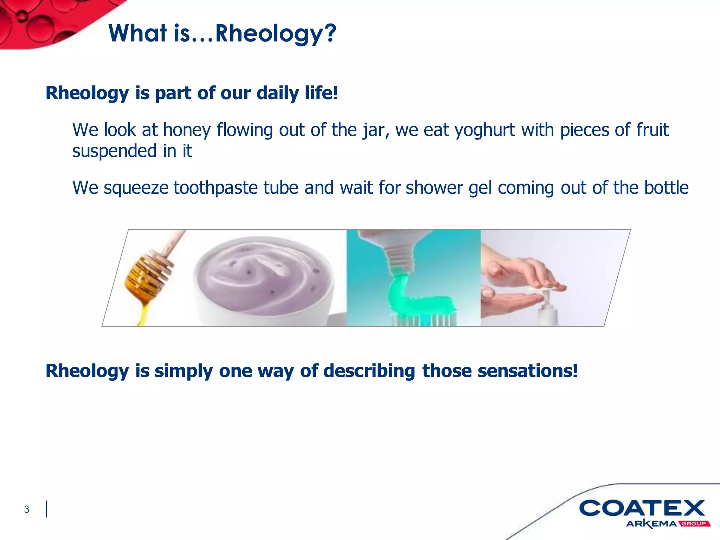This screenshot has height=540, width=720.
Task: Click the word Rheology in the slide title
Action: pyautogui.click(x=269, y=34)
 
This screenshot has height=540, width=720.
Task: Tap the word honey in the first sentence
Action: pyautogui.click(x=187, y=130)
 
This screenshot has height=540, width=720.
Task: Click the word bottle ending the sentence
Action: pyautogui.click(x=666, y=188)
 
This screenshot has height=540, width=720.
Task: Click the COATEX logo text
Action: pyautogui.click(x=642, y=508)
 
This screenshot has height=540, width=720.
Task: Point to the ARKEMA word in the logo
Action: pyautogui.click(x=651, y=524)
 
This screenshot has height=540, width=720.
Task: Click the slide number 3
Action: pyautogui.click(x=27, y=509)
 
